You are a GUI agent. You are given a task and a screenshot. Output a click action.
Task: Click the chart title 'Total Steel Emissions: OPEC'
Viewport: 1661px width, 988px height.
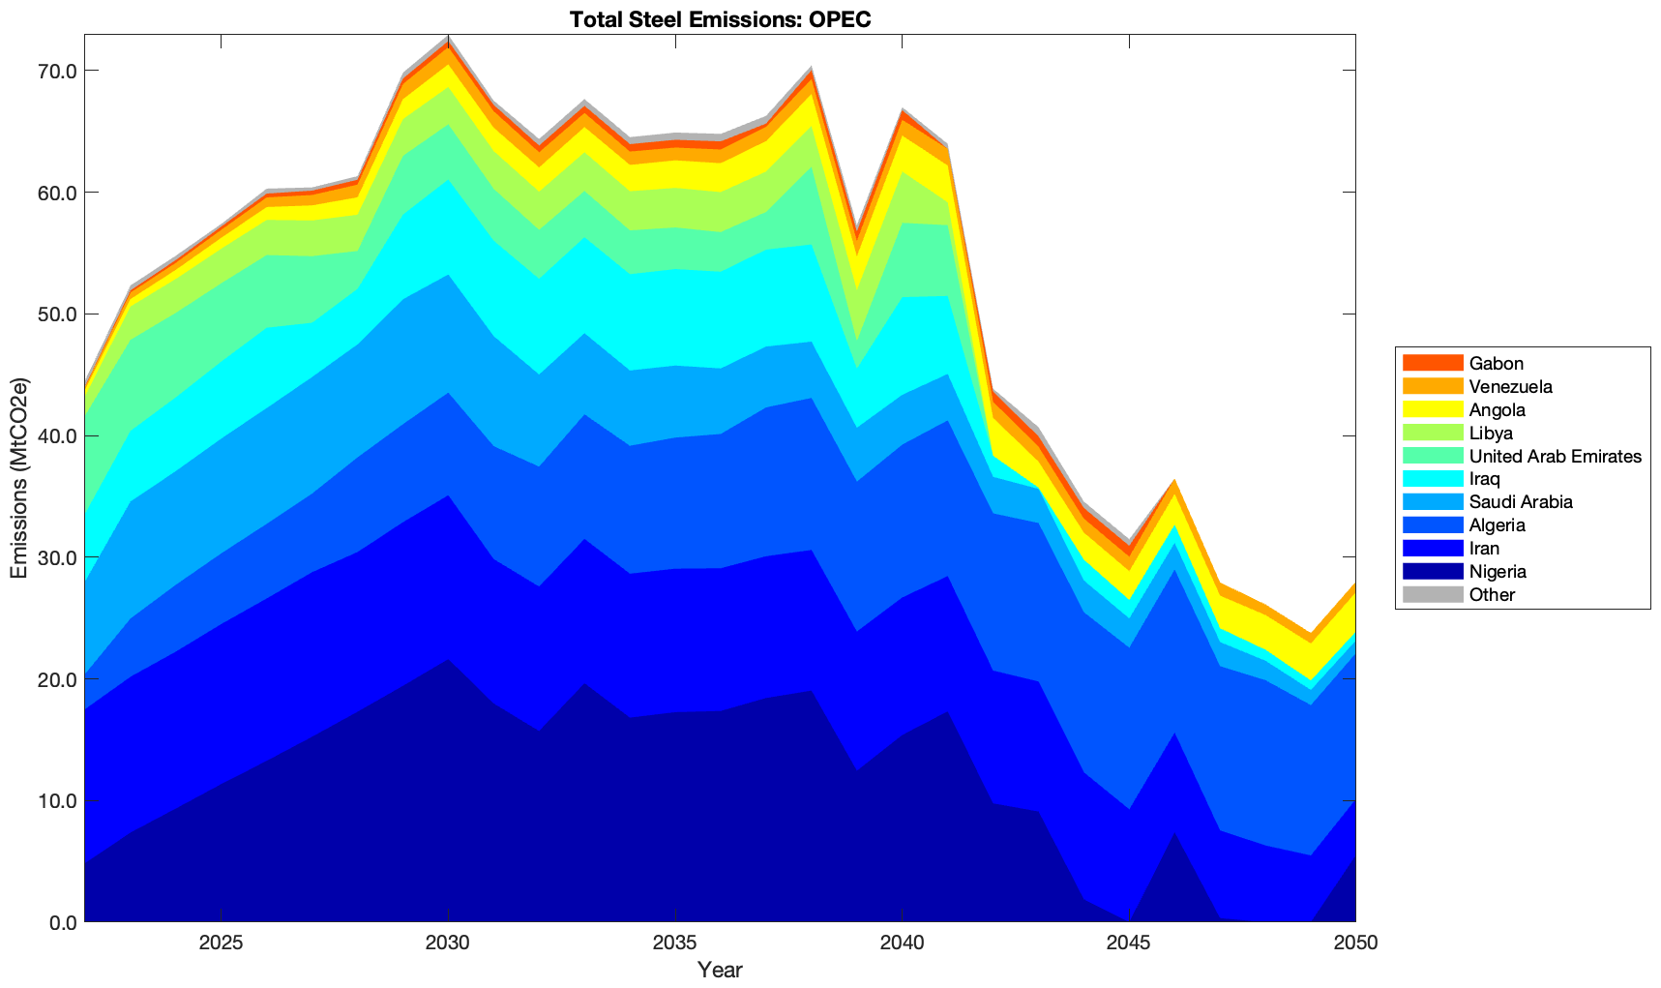coord(720,19)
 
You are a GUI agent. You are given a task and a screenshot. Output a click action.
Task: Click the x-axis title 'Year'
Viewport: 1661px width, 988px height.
coord(720,970)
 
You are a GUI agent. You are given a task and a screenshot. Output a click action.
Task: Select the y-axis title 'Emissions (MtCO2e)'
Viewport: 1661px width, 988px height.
coord(18,478)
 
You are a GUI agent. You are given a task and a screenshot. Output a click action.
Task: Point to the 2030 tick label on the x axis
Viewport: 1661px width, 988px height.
coord(448,943)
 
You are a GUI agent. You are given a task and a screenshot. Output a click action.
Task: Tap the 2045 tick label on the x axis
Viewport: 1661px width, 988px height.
coord(1128,943)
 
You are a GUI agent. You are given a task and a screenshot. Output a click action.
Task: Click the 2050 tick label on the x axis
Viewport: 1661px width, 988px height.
coord(1354,943)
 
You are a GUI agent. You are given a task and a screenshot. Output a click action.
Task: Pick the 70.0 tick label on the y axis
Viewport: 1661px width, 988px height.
coord(57,71)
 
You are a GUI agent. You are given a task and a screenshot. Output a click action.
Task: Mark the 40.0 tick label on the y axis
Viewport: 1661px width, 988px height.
coord(57,436)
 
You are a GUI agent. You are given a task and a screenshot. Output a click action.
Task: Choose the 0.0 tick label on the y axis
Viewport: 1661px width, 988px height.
coord(62,922)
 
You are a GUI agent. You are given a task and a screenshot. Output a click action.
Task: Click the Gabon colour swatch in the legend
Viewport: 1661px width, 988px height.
coord(1432,363)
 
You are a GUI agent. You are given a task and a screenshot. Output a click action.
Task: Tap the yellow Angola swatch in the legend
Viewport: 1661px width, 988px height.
coord(1432,409)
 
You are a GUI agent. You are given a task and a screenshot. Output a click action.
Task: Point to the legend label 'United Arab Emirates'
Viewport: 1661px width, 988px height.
coord(1555,456)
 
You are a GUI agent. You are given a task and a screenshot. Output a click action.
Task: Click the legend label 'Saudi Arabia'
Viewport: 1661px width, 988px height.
coord(1520,502)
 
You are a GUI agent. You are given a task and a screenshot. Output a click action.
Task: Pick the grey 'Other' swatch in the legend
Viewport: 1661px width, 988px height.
coord(1432,594)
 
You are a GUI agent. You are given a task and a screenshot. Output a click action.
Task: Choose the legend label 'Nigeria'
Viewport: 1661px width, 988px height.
coord(1497,571)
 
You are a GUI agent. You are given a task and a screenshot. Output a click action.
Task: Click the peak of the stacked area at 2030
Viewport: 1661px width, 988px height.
coord(448,36)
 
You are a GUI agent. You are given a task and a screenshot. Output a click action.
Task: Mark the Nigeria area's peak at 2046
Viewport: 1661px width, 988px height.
coord(1173,832)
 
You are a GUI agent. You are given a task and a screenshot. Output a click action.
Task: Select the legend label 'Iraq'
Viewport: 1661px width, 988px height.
coord(1484,479)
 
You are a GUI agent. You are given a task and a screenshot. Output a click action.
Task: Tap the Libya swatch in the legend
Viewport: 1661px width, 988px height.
coord(1432,433)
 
